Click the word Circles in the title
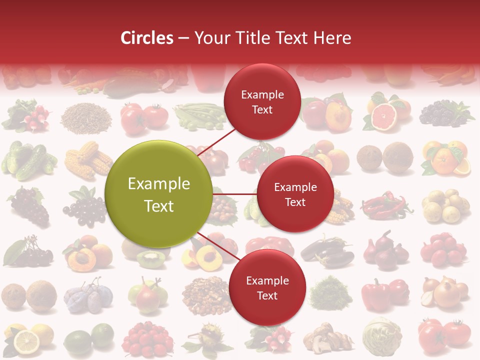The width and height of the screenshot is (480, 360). pos(146,38)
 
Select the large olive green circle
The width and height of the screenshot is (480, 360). pos(158,194)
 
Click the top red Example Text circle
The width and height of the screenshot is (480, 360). pos(262,102)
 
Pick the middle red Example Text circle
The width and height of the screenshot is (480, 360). pos(295,194)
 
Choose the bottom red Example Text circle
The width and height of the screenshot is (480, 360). pos(267,287)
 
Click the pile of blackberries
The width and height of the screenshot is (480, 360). pos(442,114)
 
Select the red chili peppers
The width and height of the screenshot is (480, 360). pos(385,205)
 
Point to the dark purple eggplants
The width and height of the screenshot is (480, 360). pos(327,251)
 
